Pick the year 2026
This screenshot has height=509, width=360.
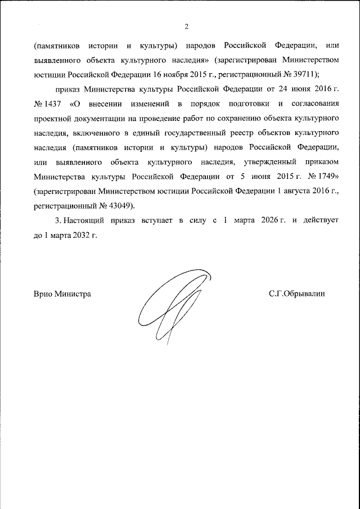tap(273, 220)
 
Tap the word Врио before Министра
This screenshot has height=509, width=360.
tap(43, 294)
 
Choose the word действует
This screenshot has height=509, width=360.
tap(321, 220)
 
